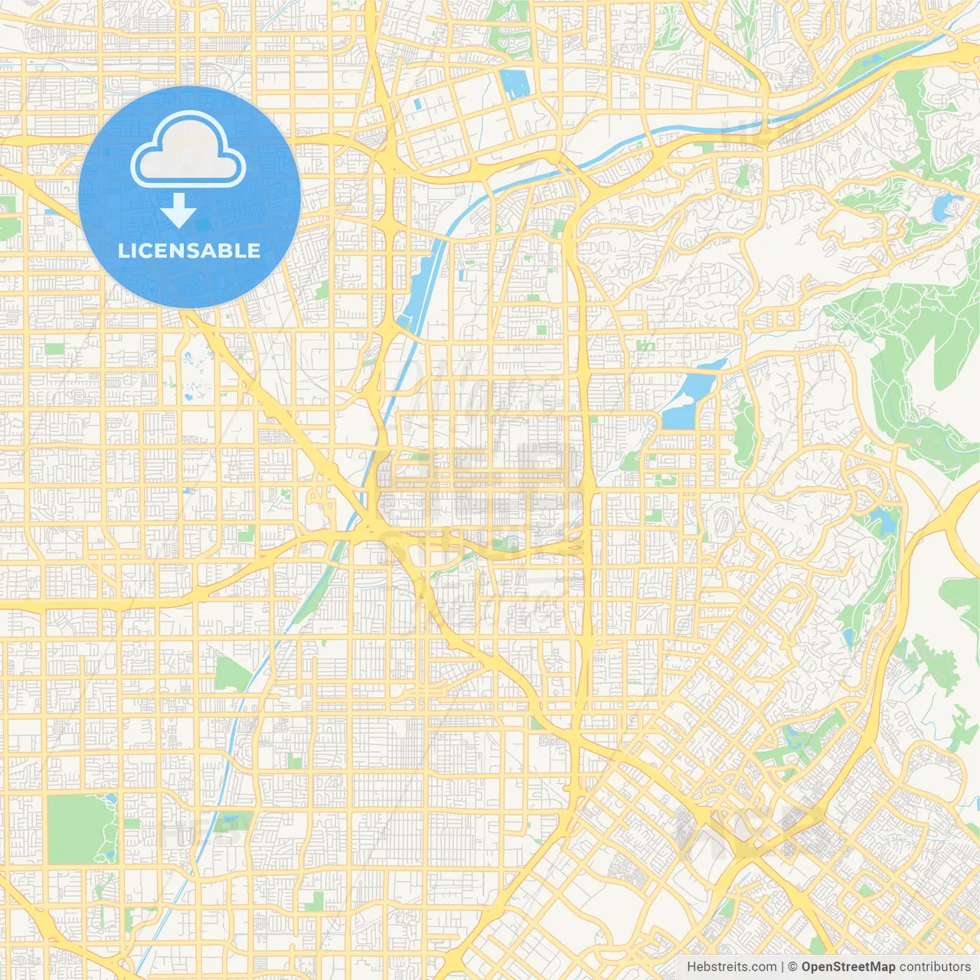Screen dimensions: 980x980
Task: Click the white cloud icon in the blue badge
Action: point(188,150)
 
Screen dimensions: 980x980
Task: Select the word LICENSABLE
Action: point(189,250)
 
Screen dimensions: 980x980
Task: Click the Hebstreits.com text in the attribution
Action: point(731,967)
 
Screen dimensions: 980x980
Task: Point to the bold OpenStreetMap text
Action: point(848,967)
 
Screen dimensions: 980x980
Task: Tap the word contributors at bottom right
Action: point(934,967)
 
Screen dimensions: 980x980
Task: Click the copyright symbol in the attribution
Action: point(793,967)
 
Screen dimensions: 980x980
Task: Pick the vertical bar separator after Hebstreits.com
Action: point(782,967)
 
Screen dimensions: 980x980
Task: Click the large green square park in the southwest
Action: point(80,829)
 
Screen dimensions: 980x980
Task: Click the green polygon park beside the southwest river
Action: point(231,674)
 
